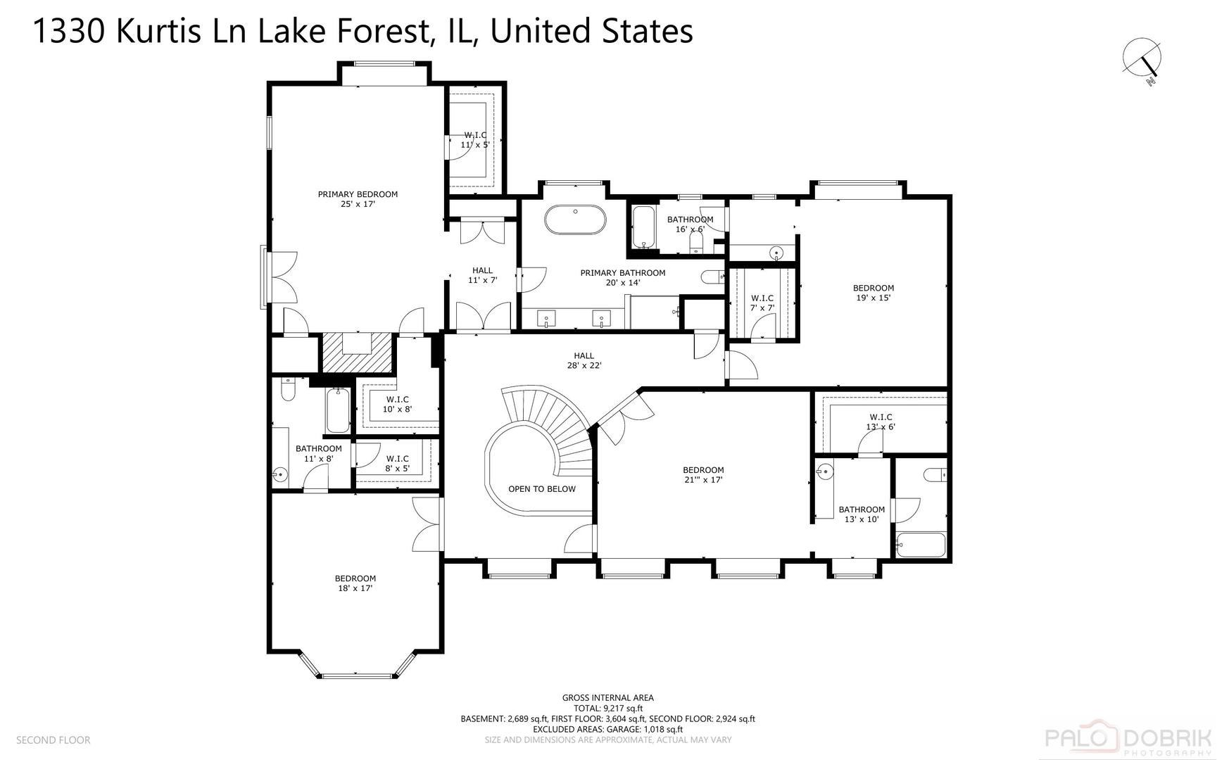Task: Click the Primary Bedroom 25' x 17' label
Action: click(x=358, y=199)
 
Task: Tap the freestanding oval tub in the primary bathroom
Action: click(x=575, y=220)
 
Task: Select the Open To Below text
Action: click(x=542, y=489)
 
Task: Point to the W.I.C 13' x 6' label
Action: click(x=881, y=422)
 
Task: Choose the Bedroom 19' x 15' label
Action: click(x=874, y=293)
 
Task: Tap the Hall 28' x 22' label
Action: click(x=584, y=360)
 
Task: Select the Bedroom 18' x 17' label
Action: click(x=355, y=583)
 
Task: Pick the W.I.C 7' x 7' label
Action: click(x=762, y=303)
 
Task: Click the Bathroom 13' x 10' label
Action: click(x=862, y=514)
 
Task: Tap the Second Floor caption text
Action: click(x=53, y=740)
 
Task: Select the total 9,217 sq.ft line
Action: click(x=608, y=709)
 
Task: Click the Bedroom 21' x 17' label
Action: click(x=703, y=475)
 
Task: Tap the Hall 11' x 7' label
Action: click(x=482, y=275)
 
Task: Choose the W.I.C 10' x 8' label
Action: click(x=397, y=404)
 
